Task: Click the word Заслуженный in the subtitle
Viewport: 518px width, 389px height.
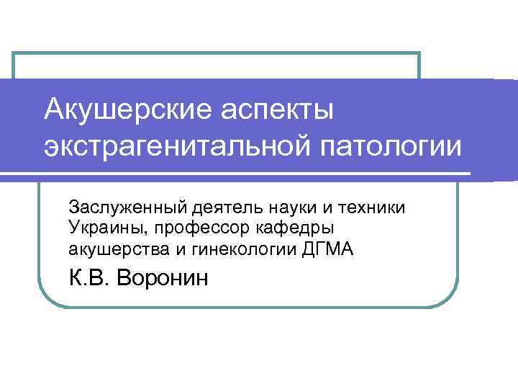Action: [x=128, y=207]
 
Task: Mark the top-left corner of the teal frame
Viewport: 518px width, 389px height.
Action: [x=14, y=53]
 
